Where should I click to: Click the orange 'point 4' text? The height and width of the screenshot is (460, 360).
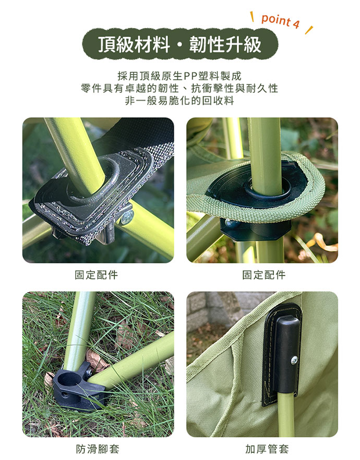[280, 21]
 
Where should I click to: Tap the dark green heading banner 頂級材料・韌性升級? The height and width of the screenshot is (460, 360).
[180, 44]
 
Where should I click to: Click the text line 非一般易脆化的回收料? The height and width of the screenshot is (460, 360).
[179, 101]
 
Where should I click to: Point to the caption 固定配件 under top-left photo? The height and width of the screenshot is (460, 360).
[96, 275]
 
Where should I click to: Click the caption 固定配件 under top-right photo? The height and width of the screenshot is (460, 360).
[264, 275]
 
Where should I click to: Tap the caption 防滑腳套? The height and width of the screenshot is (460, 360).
[98, 449]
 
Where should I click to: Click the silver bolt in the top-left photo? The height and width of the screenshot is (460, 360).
[127, 217]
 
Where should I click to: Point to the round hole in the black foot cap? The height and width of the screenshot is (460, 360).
[67, 380]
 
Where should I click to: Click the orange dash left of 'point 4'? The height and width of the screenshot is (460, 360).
[251, 17]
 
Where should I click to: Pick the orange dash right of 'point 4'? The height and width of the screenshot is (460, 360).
[309, 30]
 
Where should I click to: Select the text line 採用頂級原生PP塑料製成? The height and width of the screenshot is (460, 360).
[179, 76]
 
